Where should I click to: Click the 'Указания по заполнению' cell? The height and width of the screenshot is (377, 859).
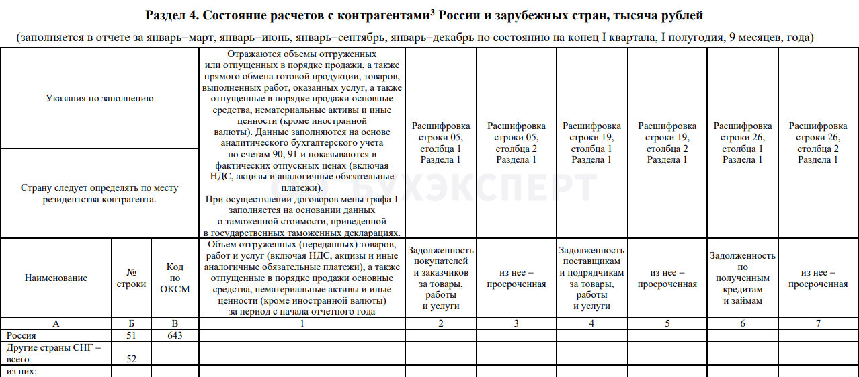[99, 99]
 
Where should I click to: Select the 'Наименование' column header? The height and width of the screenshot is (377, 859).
[56, 278]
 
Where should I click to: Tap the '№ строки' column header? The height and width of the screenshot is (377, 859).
[131, 278]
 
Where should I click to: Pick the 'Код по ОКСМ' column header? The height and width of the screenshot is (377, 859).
[175, 278]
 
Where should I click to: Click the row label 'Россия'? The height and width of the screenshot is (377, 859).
[21, 335]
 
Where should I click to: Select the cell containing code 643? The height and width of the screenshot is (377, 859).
[175, 335]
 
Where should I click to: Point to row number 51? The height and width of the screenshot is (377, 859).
[131, 335]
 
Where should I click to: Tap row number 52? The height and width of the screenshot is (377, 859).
[131, 360]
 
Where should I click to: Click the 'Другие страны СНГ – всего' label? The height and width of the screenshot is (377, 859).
[53, 353]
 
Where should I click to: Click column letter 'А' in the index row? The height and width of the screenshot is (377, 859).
[56, 324]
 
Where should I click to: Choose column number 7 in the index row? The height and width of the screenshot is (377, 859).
[818, 324]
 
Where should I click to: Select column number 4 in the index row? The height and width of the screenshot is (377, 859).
[591, 324]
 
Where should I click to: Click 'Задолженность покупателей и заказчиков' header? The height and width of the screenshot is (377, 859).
[440, 278]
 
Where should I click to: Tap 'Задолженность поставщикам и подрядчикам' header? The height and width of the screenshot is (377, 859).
[591, 278]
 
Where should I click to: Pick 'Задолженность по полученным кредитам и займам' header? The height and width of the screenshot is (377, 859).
[742, 278]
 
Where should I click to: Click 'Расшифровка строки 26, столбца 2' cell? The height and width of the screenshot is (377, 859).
[818, 142]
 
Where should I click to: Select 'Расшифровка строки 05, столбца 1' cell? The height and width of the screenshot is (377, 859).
[440, 142]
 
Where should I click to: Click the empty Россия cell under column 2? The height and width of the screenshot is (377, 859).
[440, 335]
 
